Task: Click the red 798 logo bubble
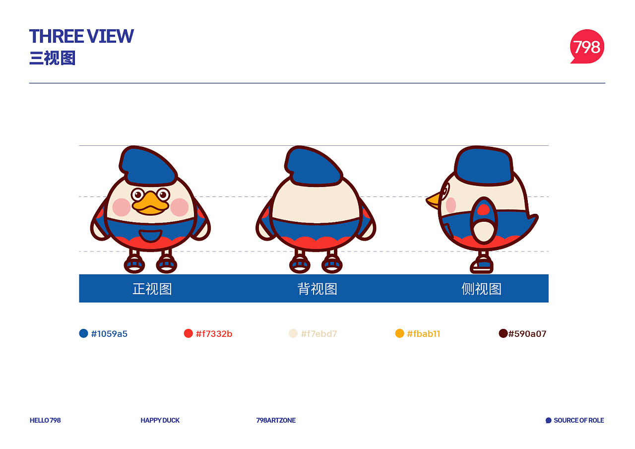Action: [x=587, y=46]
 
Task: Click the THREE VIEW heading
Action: [x=81, y=36]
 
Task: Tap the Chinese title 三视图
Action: [x=53, y=58]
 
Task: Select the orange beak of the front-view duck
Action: [x=150, y=203]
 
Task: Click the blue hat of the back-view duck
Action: [x=314, y=167]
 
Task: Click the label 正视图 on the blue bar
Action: [x=152, y=289]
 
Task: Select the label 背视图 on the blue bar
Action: [x=317, y=289]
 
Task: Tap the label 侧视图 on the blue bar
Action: [x=481, y=289]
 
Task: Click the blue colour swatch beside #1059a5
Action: [x=84, y=333]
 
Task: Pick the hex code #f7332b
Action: [x=214, y=334]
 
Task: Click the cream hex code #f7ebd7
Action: [x=319, y=334]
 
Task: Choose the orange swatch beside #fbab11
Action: [x=399, y=333]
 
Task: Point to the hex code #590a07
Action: [x=527, y=334]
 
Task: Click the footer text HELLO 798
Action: [x=45, y=420]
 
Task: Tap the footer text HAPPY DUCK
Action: [x=160, y=420]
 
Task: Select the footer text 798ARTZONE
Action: [x=276, y=420]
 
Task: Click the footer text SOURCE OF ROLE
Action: [x=579, y=420]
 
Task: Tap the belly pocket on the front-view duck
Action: [x=150, y=236]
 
